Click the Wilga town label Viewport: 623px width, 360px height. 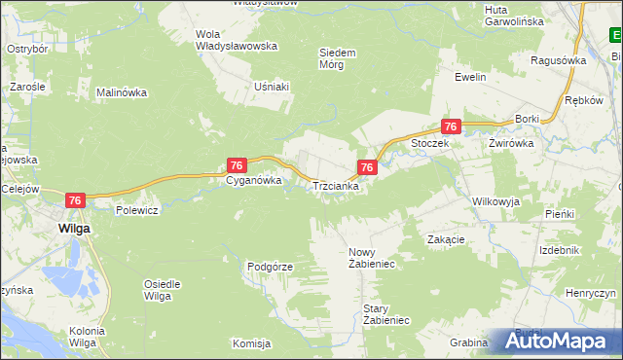pos(74,227)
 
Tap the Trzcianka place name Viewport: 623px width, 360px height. pos(336,186)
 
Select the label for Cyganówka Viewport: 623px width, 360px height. pos(254,180)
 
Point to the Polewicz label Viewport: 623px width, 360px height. pos(136,209)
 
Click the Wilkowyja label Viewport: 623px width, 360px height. pos(496,201)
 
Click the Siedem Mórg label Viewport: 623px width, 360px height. pos(338,58)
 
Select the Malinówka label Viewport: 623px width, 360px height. pos(121,93)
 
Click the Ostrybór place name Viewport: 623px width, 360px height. pos(27,48)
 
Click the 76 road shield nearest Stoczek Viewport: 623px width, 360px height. pos(450,126)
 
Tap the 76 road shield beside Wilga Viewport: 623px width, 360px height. pos(77,199)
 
